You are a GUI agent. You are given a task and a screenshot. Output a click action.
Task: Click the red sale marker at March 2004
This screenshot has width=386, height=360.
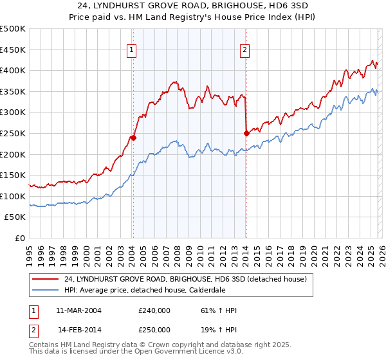133,137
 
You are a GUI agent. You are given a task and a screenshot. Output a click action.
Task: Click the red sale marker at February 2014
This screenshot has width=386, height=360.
246,133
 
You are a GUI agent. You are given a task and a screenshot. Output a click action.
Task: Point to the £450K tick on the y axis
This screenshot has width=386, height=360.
13,50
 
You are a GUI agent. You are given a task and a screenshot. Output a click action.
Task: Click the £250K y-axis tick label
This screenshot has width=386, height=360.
13,133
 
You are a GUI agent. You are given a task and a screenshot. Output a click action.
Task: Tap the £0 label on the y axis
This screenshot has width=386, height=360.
20,238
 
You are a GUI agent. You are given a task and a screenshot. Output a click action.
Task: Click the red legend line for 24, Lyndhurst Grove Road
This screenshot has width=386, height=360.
46,279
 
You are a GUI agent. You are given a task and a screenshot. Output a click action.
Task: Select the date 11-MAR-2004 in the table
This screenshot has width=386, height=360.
79,310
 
